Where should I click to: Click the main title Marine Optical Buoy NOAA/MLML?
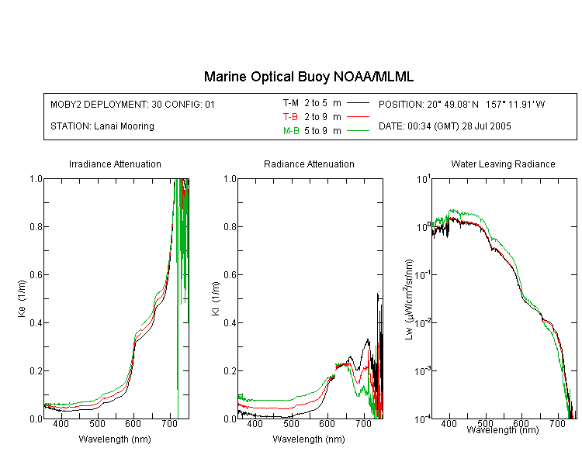pyautogui.click(x=308, y=77)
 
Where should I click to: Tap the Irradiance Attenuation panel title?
pyautogui.click(x=115, y=164)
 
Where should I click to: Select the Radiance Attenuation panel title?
pyautogui.click(x=309, y=164)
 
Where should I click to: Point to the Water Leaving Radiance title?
pyautogui.click(x=503, y=164)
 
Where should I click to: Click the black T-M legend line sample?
pyautogui.click(x=358, y=103)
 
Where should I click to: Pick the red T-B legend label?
pyautogui.click(x=290, y=117)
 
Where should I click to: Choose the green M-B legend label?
pyautogui.click(x=291, y=131)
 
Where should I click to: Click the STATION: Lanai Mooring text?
pyautogui.click(x=102, y=126)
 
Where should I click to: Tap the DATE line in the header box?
pyautogui.click(x=445, y=126)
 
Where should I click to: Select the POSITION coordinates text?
pyautogui.click(x=462, y=105)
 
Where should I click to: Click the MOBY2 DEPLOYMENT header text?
pyautogui.click(x=133, y=105)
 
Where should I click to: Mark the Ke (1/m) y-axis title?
pyautogui.click(x=22, y=298)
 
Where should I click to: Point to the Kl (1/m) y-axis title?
pyautogui.click(x=216, y=299)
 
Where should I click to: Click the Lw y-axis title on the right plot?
pyautogui.click(x=409, y=299)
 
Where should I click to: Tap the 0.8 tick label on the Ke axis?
pyautogui.click(x=36, y=226)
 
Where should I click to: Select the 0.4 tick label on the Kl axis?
pyautogui.click(x=230, y=323)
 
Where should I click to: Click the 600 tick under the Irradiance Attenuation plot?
pyautogui.click(x=133, y=423)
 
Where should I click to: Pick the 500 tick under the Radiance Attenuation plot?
pyautogui.click(x=291, y=423)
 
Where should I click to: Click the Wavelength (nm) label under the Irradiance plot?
pyautogui.click(x=115, y=439)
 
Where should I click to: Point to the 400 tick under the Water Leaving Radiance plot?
pyautogui.click(x=449, y=423)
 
